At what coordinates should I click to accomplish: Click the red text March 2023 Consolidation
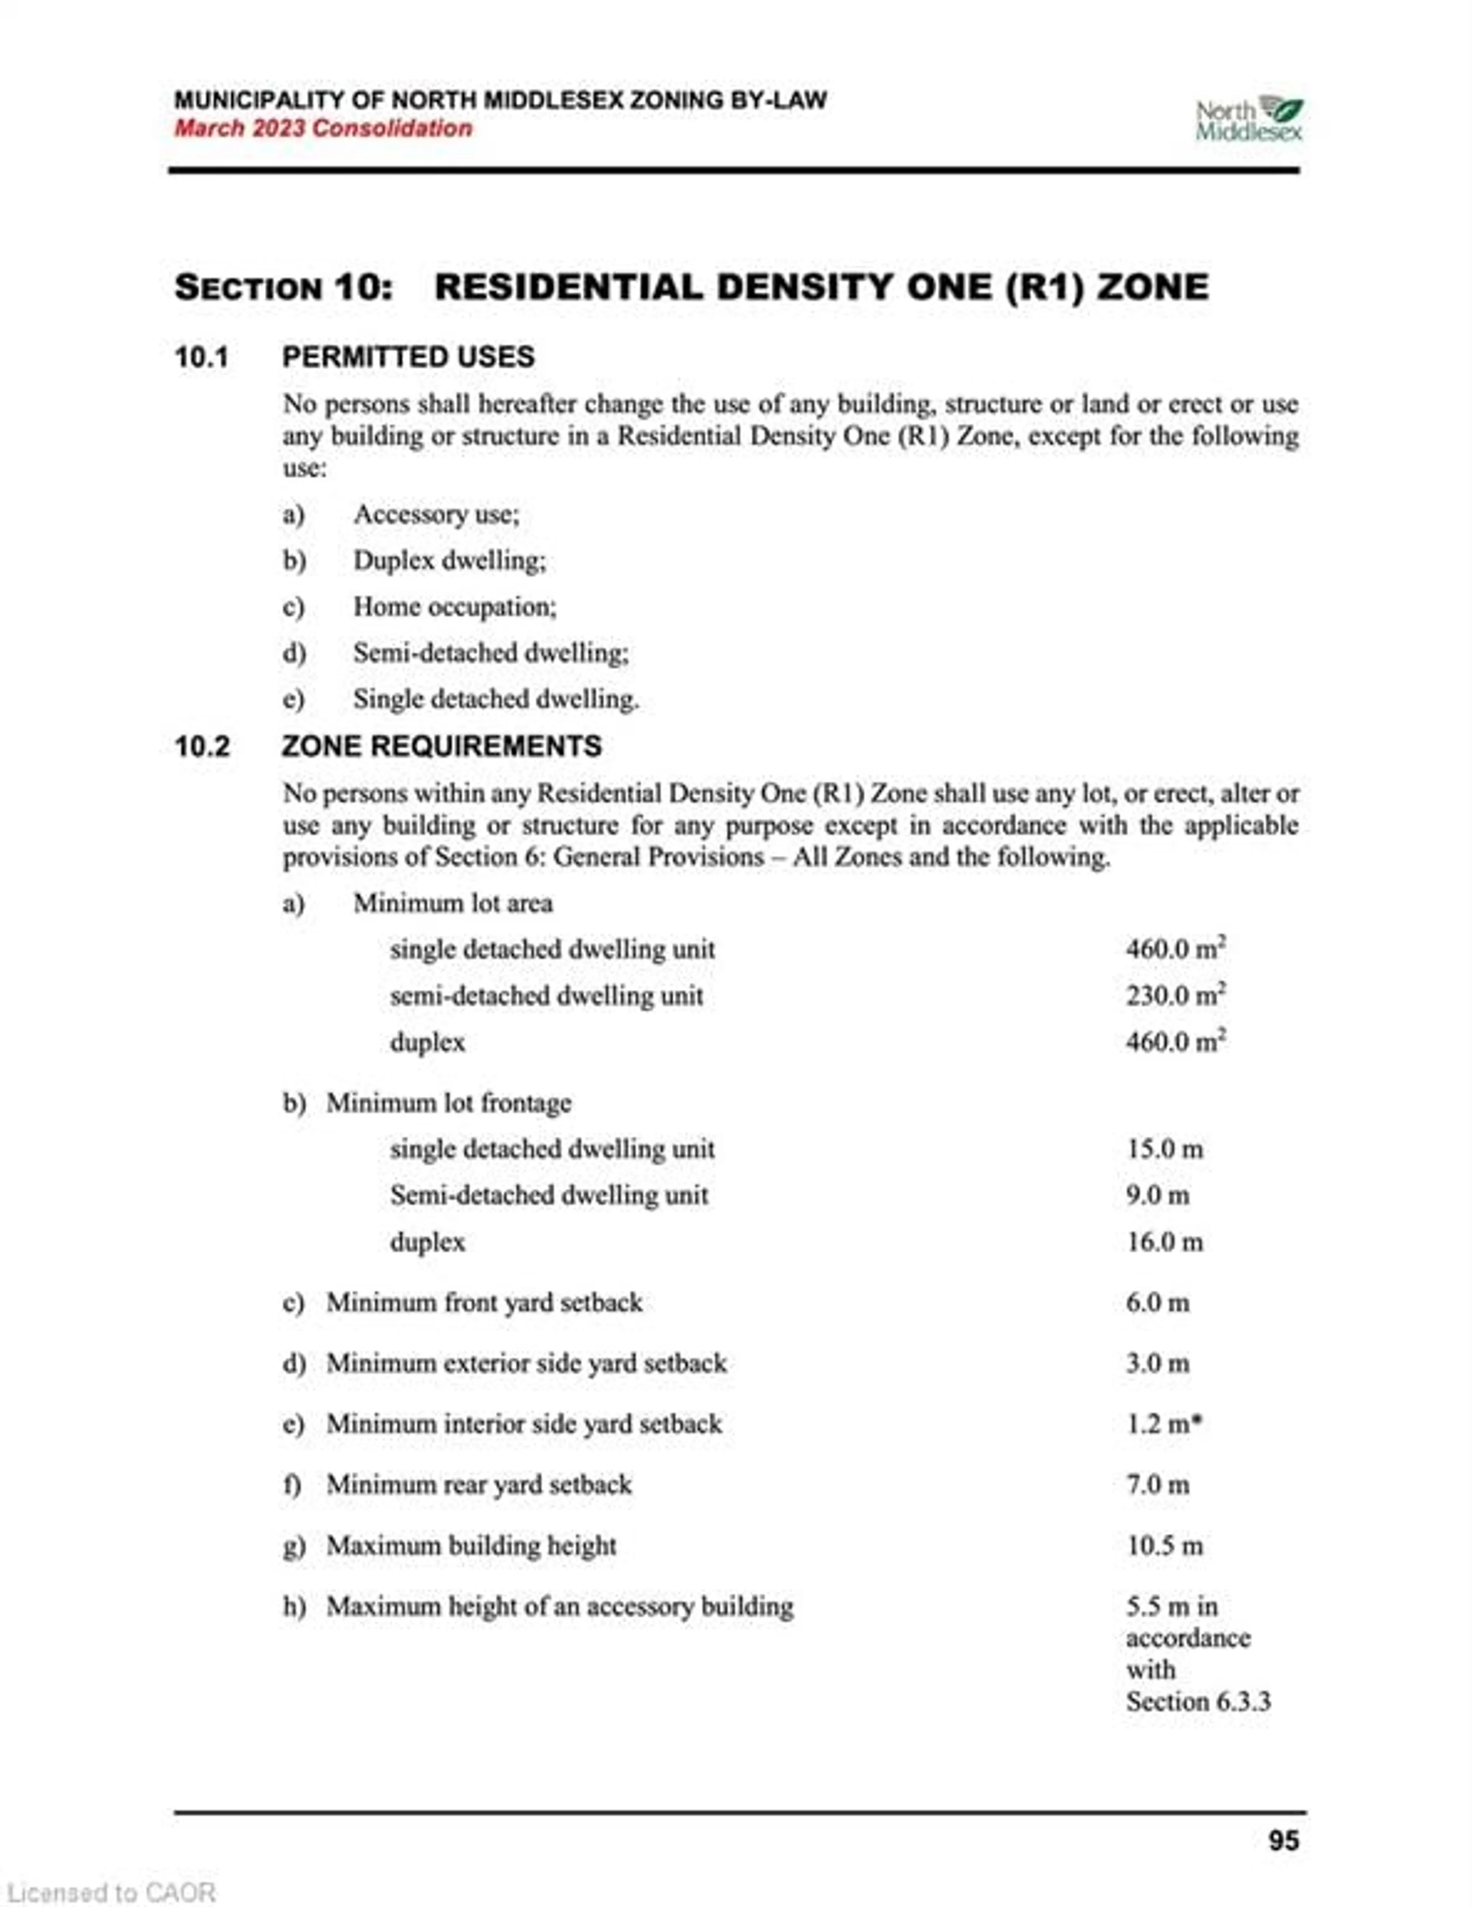(323, 128)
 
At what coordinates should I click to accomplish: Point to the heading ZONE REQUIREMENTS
(442, 747)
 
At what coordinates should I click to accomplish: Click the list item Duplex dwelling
(449, 561)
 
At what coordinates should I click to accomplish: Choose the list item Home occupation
(454, 607)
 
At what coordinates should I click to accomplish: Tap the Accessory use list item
(436, 514)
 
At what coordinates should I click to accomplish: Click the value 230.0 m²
(1175, 995)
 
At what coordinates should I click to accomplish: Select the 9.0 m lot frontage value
(1157, 1195)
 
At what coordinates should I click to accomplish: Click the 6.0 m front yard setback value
(1157, 1303)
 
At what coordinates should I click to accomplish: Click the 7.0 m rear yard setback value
(1157, 1484)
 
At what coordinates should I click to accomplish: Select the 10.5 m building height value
(1164, 1545)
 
